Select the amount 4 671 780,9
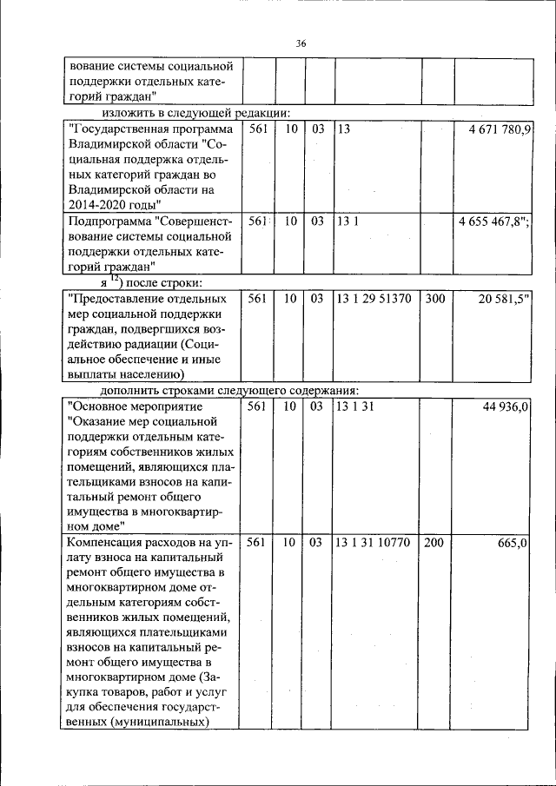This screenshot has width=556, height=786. (x=500, y=129)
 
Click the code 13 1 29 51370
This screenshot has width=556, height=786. (x=375, y=299)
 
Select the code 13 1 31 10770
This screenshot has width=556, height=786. (x=375, y=543)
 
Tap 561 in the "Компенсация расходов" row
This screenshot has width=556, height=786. (x=256, y=543)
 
